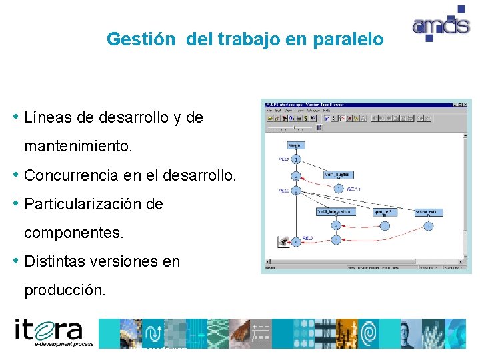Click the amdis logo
point(440,24)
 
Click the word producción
point(65,291)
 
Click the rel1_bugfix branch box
point(337,174)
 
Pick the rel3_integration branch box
point(334,212)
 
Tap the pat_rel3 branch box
point(385,212)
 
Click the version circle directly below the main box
point(295,159)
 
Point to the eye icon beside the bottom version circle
point(285,241)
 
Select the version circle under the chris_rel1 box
point(429,227)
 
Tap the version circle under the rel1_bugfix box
point(338,189)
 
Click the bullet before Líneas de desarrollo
point(16,117)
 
